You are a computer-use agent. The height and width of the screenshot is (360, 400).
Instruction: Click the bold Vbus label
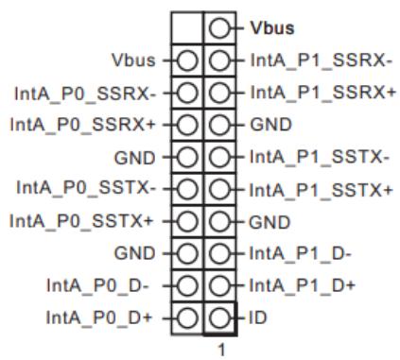pos(272,27)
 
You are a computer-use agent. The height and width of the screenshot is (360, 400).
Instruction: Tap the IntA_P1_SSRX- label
pos(321,60)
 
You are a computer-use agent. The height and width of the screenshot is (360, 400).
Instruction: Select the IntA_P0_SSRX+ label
pos(83,125)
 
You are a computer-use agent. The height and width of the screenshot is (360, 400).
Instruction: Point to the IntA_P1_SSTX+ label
pos(322,190)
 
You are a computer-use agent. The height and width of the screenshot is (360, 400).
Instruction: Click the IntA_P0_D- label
pos(97,285)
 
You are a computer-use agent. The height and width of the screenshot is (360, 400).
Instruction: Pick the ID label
pos(258,317)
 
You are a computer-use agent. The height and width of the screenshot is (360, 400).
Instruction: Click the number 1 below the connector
pos(222,350)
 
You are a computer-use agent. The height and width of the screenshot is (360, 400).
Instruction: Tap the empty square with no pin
pos(187,28)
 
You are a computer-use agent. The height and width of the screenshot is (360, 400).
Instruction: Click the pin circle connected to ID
pos(219,317)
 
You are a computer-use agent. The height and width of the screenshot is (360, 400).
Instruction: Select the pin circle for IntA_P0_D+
pos(187,317)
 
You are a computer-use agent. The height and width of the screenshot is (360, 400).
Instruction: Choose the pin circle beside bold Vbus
pos(219,28)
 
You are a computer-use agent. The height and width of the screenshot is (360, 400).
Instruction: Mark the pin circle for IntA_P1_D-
pos(219,253)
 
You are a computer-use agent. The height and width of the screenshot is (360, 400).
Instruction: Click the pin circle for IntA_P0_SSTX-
pos(187,189)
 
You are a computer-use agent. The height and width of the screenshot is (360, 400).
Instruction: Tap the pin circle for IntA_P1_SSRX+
pos(219,93)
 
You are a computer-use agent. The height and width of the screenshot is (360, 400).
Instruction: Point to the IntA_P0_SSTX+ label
pos(81,220)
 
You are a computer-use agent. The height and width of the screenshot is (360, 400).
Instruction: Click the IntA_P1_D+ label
pos(303,285)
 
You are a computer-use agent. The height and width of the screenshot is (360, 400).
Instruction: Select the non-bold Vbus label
pos(133,60)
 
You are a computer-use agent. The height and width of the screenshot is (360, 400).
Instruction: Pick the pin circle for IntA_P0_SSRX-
pos(187,93)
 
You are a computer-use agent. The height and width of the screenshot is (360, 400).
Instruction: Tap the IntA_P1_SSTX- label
pos(320,157)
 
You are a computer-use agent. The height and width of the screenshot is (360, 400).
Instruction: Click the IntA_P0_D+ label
pos(99,317)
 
